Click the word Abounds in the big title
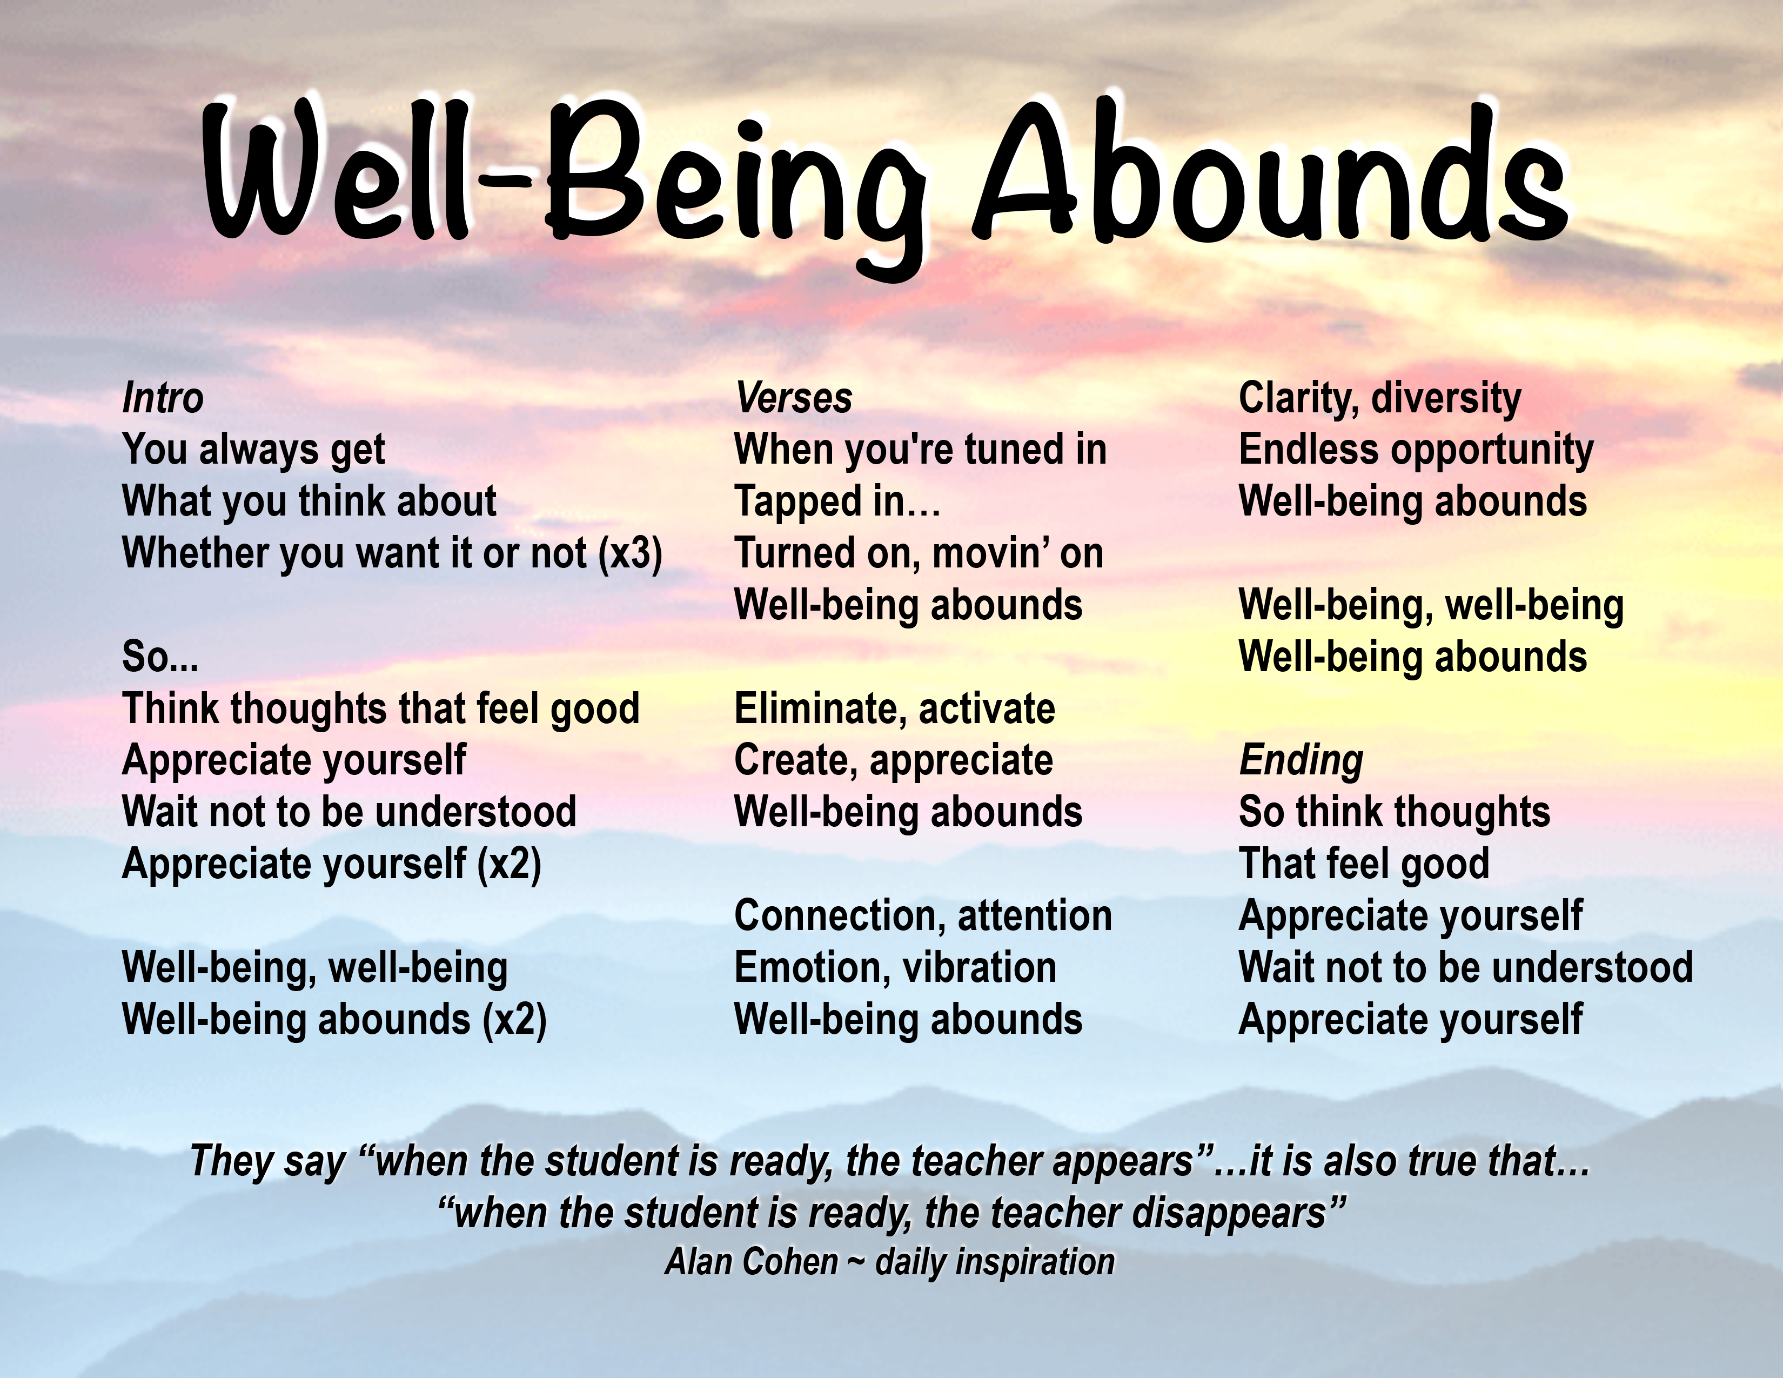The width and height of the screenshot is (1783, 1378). pos(1270,176)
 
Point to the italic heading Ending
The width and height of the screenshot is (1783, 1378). pos(1302,761)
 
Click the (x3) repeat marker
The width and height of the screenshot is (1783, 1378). pos(629,554)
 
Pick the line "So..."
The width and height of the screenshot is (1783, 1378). pos(160,657)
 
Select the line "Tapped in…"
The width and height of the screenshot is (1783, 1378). pos(837,502)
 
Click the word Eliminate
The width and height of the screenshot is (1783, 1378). pos(810,708)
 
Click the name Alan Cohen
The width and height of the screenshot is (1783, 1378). pos(752,1262)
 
